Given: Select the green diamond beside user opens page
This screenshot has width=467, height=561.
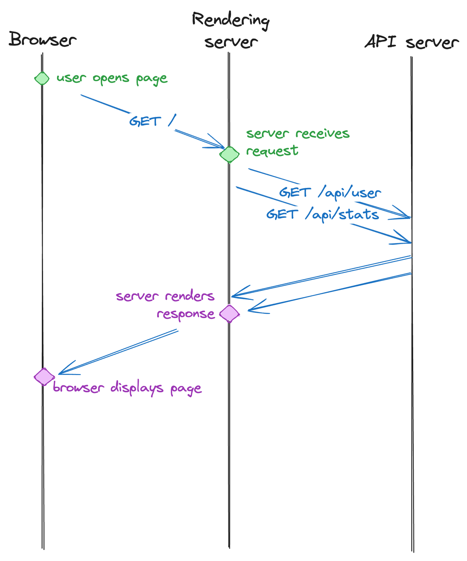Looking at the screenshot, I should click(x=42, y=79).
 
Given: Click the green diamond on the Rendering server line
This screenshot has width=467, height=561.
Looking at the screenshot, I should click(x=229, y=155).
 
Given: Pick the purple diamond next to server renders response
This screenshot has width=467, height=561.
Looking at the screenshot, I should click(x=229, y=314).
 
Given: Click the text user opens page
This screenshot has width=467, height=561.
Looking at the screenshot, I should click(x=112, y=79).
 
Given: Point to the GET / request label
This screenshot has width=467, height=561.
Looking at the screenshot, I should click(x=152, y=121).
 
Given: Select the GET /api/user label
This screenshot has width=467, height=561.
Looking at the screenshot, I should click(x=330, y=192).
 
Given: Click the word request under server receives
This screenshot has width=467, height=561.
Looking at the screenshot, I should click(x=272, y=151).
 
